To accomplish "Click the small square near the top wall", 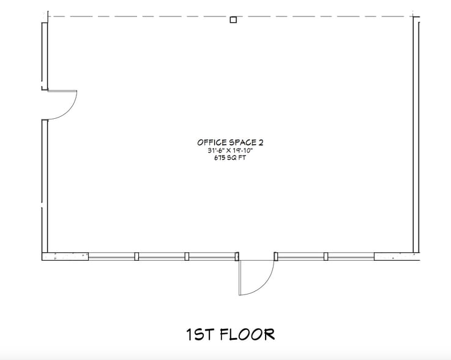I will tap(233, 20).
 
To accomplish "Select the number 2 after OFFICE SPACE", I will tap(261, 142).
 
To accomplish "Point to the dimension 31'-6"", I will tap(215, 150).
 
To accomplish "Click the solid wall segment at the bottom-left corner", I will tap(65, 257).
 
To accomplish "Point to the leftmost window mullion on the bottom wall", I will tap(137, 257).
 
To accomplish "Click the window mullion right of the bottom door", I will tap(326, 257).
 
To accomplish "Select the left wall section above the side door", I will tap(45, 55).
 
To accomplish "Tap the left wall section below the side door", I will tap(45, 184).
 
